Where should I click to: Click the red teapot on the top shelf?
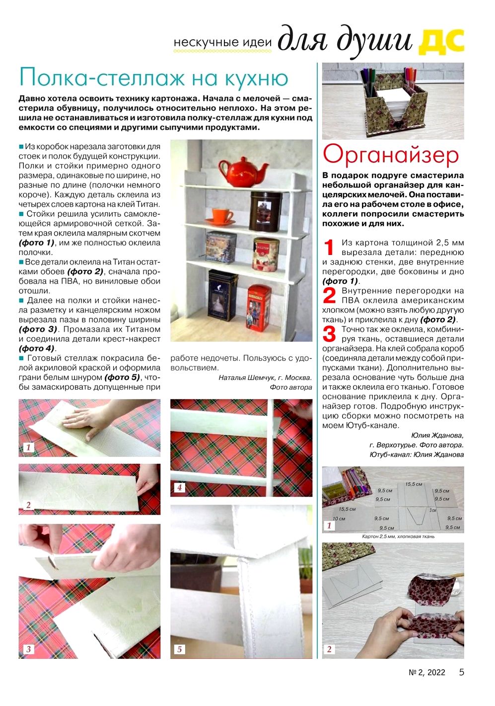[x=243, y=171]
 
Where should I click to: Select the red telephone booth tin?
[x=259, y=307]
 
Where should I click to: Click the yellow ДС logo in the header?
[x=441, y=41]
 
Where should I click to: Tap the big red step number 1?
[x=329, y=248]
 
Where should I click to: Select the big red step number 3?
[x=329, y=334]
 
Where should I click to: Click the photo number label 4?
[x=179, y=488]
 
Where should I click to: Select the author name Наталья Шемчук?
[x=244, y=377]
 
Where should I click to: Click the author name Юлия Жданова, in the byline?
[x=437, y=436]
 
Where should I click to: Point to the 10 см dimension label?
[x=339, y=519]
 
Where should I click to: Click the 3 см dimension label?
[x=433, y=510]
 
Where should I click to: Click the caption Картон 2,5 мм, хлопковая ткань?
[x=398, y=536]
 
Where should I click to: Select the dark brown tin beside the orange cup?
[x=265, y=211]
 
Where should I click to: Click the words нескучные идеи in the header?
[x=222, y=42]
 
